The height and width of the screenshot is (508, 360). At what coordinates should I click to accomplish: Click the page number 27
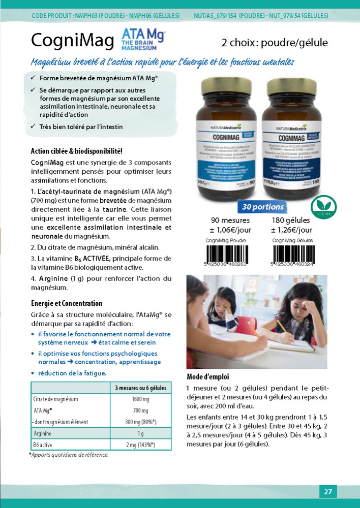(328, 492)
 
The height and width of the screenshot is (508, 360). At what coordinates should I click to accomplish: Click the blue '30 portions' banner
(263, 207)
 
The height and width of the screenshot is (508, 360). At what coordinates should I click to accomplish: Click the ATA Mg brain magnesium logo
(143, 40)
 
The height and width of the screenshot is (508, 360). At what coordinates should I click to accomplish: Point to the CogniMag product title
(72, 41)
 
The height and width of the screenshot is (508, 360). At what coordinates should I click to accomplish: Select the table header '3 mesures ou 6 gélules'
(140, 388)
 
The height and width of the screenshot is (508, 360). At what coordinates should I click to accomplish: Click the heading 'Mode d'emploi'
(208, 377)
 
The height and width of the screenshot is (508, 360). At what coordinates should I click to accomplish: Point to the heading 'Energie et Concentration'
(67, 303)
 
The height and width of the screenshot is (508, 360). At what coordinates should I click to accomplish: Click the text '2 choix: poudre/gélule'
(275, 43)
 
